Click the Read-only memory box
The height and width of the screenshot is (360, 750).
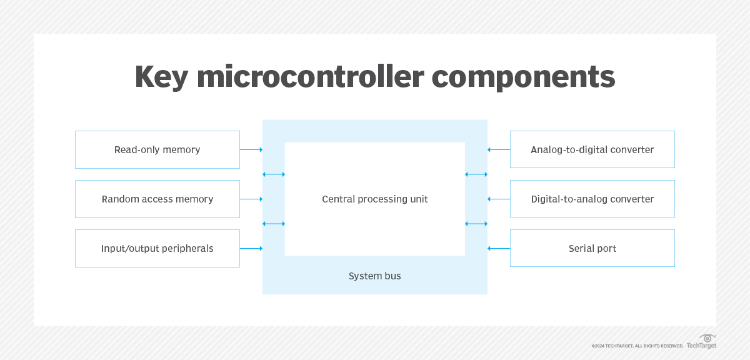pos(157,150)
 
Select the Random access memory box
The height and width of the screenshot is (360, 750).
pos(157,199)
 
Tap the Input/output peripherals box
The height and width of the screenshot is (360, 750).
pos(157,249)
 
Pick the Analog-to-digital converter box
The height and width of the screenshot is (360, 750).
pos(592,150)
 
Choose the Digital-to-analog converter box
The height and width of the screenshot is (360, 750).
pos(592,199)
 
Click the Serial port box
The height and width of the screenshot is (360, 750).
pos(592,249)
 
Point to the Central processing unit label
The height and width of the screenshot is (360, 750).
pos(375,199)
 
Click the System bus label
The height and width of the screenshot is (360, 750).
pos(375,276)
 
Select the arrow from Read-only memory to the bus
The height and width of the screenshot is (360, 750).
pos(251,150)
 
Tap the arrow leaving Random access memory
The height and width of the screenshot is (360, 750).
pos(251,199)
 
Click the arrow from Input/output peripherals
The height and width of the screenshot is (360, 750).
pos(251,249)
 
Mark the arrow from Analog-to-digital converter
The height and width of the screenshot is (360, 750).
pos(499,150)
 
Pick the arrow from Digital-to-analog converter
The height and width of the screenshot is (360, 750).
pos(499,199)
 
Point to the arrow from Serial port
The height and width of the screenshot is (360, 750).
pos(499,249)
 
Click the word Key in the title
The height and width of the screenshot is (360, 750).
pos(161,77)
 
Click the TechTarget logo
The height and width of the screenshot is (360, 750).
pos(702,342)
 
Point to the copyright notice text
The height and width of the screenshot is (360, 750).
pos(637,346)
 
